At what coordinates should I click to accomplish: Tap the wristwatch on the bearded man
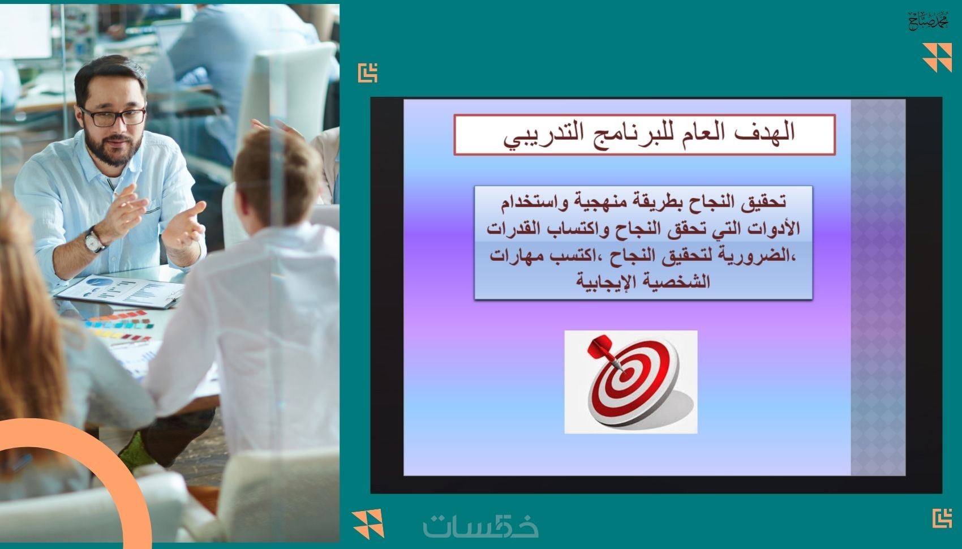(94, 240)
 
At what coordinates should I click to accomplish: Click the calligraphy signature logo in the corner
(929, 20)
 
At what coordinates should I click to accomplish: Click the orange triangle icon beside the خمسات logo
(368, 524)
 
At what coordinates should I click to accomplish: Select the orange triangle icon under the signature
(937, 57)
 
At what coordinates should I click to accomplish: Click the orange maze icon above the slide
(368, 73)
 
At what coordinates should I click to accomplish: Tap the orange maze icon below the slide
(942, 518)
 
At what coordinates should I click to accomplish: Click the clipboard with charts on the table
(120, 291)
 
